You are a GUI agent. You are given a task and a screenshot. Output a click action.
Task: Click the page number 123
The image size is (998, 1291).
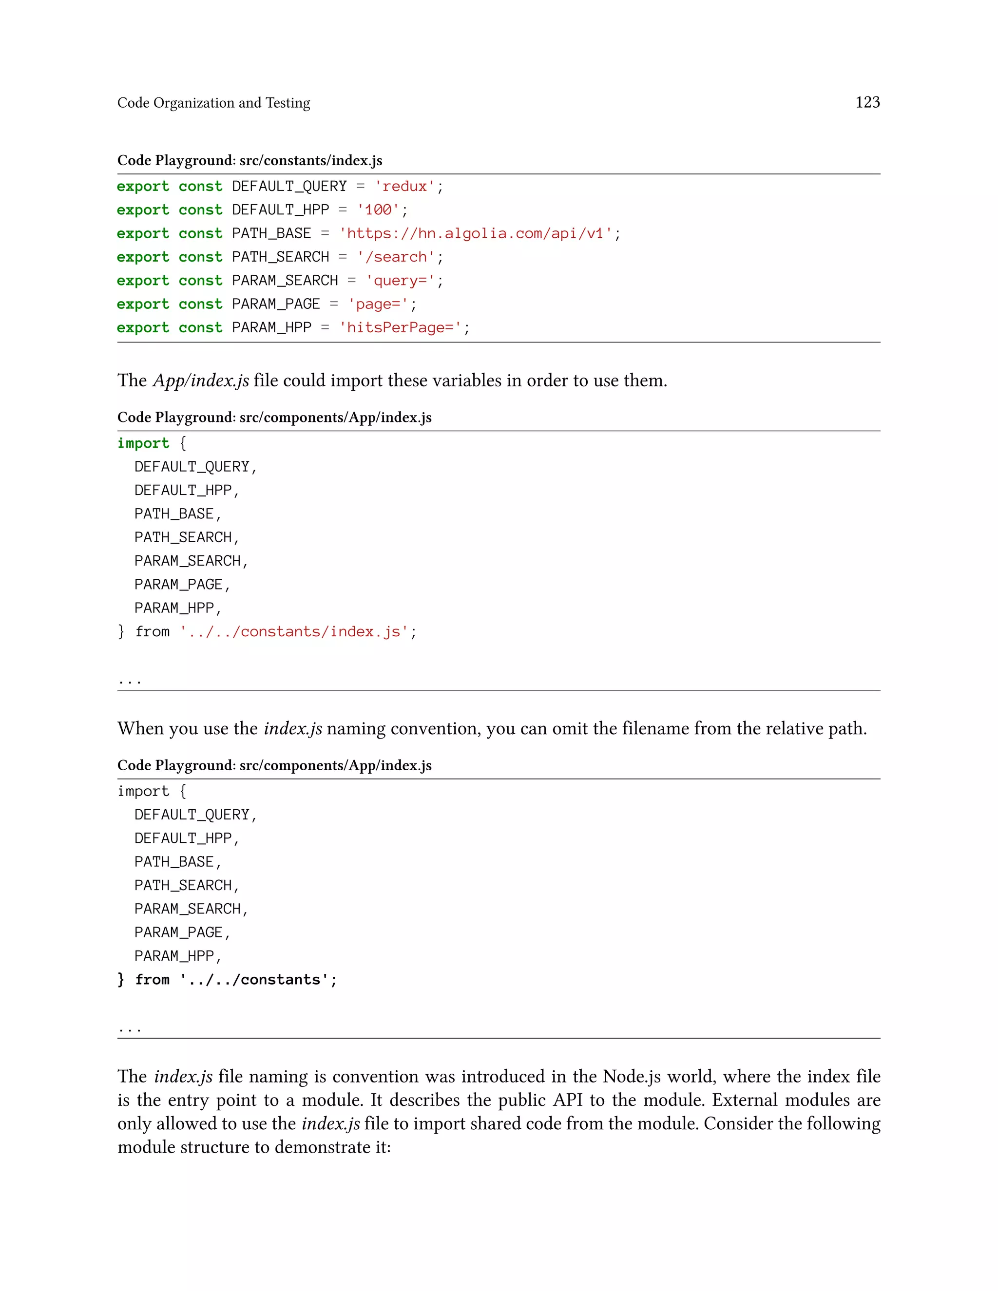coord(867,102)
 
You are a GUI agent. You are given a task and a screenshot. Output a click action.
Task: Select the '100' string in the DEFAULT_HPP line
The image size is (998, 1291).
coord(378,210)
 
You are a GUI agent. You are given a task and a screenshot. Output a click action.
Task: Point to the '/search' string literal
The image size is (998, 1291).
coord(396,257)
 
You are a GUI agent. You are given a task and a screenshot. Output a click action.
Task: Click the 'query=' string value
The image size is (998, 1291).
coord(400,281)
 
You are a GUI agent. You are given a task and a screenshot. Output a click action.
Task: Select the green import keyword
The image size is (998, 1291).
coord(143,443)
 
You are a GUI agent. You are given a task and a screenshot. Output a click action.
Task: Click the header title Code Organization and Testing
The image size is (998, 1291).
coord(213,103)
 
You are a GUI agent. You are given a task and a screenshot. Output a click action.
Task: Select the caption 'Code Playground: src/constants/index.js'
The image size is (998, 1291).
coord(249,160)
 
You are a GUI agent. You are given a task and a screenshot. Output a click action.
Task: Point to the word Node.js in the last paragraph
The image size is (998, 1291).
coord(632,1077)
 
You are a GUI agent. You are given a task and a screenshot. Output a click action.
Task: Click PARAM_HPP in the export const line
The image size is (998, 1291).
coord(271,327)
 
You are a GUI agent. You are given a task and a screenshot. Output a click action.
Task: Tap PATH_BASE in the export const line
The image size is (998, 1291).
coord(271,233)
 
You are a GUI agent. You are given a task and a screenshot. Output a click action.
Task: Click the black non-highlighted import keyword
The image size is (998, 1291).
coord(143,792)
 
